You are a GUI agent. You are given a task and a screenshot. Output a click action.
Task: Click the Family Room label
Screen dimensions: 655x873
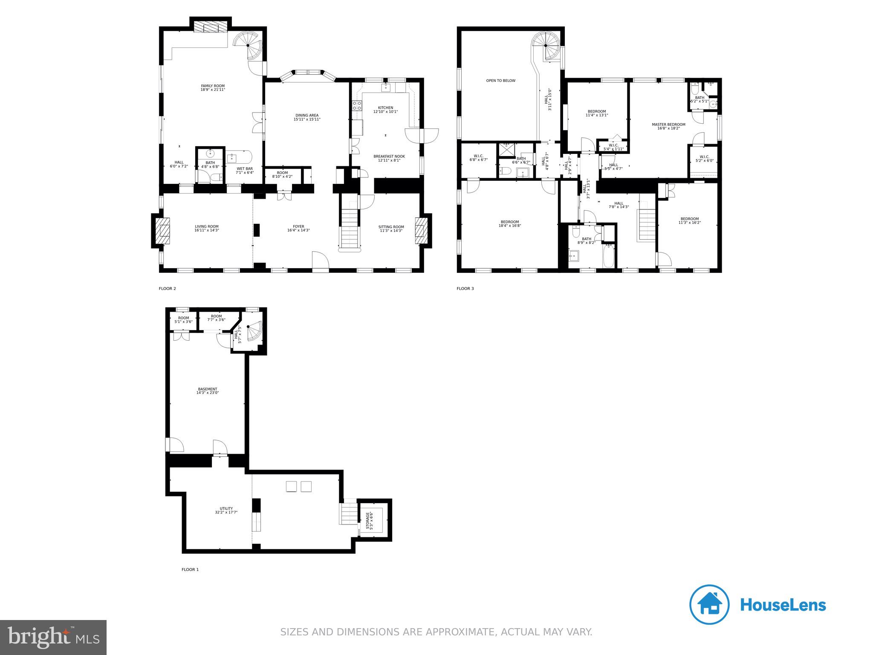click(213, 86)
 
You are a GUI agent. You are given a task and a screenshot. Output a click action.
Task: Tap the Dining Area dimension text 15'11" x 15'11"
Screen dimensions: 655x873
click(306, 119)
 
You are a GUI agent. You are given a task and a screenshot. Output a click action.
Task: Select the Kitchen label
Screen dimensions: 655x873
click(385, 107)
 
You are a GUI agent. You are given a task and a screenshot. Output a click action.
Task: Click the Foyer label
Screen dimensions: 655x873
click(298, 226)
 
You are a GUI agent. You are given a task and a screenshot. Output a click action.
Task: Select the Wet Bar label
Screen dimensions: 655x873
click(245, 168)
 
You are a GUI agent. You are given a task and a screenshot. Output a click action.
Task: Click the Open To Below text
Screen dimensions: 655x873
click(500, 81)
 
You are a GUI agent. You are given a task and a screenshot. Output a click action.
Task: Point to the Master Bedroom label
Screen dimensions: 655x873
click(668, 125)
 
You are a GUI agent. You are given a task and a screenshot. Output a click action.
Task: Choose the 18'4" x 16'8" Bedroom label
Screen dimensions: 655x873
click(509, 222)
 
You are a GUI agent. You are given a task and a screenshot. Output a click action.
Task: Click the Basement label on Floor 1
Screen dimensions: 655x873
click(208, 389)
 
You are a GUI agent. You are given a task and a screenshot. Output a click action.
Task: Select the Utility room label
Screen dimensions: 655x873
click(226, 508)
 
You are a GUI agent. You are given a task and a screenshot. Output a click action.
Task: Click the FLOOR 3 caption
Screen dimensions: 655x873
click(465, 289)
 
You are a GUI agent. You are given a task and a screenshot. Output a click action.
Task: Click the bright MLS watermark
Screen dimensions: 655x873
click(53, 637)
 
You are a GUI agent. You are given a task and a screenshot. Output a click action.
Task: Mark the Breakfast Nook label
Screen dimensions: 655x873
click(389, 157)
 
